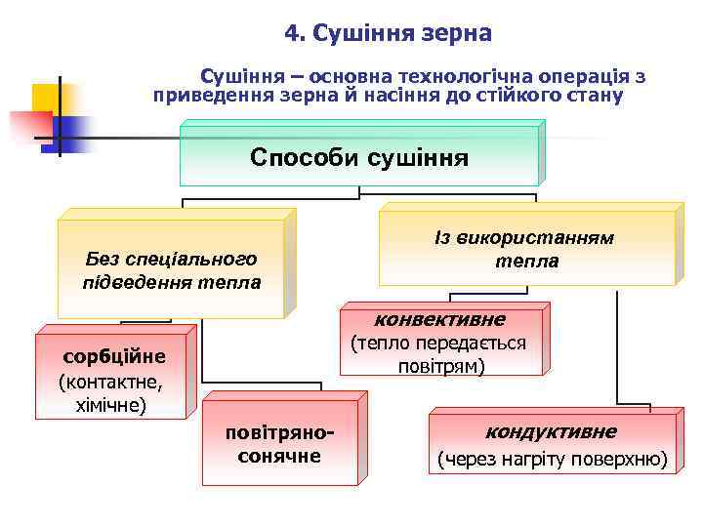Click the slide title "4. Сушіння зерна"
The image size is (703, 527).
click(389, 33)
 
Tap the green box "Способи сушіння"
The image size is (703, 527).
click(358, 157)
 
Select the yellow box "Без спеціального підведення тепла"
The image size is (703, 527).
click(171, 270)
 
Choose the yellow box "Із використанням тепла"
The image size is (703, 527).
click(525, 250)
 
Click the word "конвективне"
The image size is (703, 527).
click(439, 319)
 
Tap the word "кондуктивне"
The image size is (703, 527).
click(551, 431)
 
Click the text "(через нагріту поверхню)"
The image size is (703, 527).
click(552, 459)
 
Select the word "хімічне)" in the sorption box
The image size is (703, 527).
click(111, 403)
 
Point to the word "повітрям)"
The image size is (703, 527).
click(442, 366)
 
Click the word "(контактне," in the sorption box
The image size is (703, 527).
click(110, 380)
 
